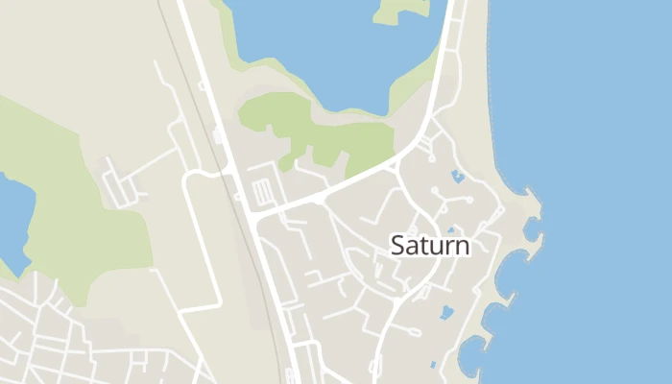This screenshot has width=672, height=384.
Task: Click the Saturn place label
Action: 430,246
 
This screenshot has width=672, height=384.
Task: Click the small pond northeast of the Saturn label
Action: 458,177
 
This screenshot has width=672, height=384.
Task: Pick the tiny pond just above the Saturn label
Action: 450,230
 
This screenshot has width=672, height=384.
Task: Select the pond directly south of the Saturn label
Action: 446,312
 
